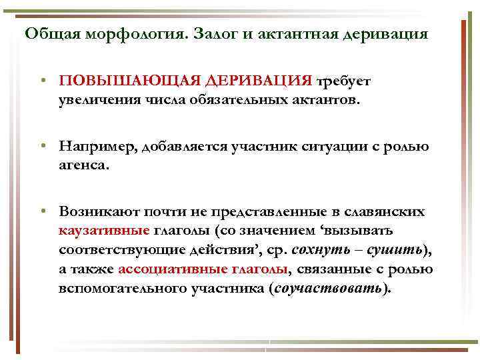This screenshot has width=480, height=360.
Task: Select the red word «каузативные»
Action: tap(103, 231)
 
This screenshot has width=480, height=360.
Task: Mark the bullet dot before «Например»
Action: tap(42, 147)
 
